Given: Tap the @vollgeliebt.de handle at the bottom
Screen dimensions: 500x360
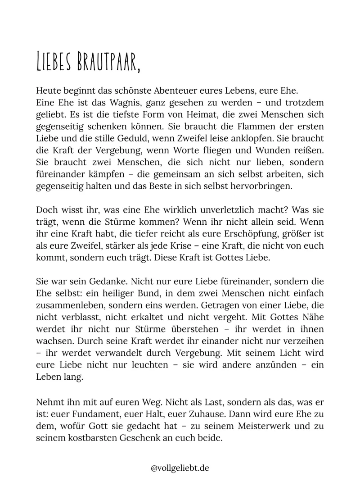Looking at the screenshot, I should click(180, 468).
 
